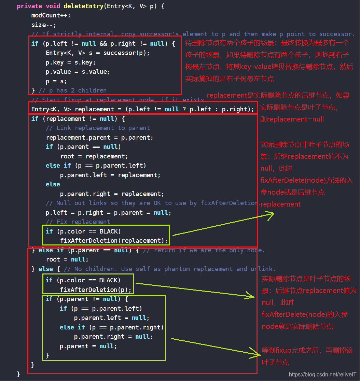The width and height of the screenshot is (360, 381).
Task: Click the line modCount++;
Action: click(x=51, y=15)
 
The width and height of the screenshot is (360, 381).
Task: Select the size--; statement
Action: click(x=44, y=25)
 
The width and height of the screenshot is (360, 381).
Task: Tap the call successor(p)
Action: click(x=126, y=53)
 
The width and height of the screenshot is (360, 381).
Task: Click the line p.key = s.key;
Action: click(x=71, y=62)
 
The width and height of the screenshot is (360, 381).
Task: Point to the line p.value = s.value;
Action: click(x=78, y=72)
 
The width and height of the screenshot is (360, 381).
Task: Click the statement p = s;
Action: click(x=56, y=81)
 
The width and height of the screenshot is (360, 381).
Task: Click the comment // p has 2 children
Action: click(x=72, y=90)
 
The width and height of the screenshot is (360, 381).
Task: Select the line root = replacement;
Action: click(x=94, y=156)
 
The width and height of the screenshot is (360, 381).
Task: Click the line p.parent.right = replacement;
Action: click(x=112, y=194)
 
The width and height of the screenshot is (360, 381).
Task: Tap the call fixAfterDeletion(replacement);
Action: click(x=114, y=240)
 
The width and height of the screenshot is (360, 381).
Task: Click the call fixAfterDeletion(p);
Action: click(x=96, y=290)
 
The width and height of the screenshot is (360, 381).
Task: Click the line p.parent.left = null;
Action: click(x=112, y=317)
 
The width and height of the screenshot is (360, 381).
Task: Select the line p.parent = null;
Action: click(x=88, y=346)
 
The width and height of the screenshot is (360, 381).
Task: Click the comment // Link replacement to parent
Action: click(x=98, y=128)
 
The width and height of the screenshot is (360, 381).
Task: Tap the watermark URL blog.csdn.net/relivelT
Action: click(x=322, y=375)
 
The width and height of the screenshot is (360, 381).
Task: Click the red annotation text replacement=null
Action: click(x=295, y=119)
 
